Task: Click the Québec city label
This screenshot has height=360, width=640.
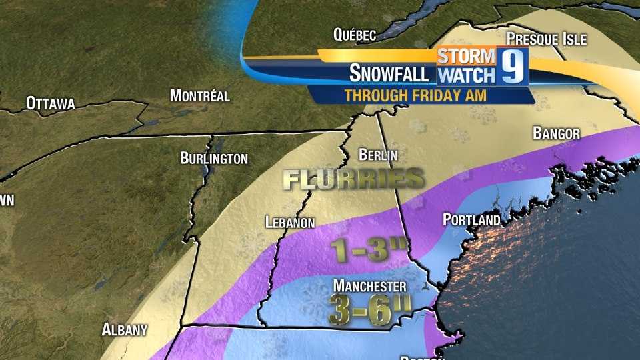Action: [x=355, y=35]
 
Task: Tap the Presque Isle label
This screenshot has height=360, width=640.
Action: [x=546, y=38]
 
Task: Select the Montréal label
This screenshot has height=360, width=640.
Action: [x=199, y=95]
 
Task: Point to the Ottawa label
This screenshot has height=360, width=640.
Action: [x=50, y=103]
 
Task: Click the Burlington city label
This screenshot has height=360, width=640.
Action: [x=214, y=158]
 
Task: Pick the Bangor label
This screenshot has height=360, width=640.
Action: [x=556, y=133]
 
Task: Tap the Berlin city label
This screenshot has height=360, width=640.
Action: [x=378, y=155]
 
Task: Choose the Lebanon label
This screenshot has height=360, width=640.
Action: [x=289, y=223]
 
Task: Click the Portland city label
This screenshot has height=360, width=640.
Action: [x=471, y=219]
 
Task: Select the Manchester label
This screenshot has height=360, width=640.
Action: [x=370, y=286]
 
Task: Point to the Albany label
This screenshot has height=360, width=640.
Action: [x=125, y=329]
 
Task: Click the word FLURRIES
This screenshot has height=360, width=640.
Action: [x=353, y=178]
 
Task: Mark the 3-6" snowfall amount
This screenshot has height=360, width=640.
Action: [x=368, y=308]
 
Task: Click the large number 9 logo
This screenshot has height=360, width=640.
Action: [x=512, y=66]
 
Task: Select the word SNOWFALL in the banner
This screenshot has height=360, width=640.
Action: [x=389, y=72]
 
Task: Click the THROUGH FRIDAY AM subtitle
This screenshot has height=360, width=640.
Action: [x=415, y=95]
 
